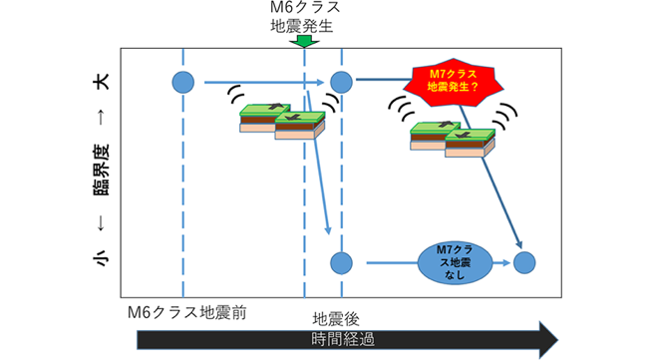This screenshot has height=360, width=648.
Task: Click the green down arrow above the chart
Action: tap(305, 41)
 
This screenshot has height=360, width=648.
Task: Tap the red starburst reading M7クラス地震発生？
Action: tap(454, 82)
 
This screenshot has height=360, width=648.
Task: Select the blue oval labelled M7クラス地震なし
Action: tap(455, 263)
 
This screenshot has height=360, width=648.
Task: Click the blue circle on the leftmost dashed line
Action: tap(183, 82)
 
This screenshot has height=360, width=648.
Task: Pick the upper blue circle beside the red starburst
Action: tap(341, 82)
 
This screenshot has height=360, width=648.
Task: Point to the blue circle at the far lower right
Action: tap(524, 263)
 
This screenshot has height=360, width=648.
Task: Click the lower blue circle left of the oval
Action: tap(341, 263)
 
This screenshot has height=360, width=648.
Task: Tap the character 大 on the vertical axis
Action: tap(102, 82)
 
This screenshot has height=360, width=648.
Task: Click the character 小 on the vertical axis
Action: tap(102, 258)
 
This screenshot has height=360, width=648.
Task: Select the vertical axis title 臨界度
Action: tap(102, 170)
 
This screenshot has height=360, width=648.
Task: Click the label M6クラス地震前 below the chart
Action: tap(186, 312)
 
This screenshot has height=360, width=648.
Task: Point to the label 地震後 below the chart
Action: tap(336, 319)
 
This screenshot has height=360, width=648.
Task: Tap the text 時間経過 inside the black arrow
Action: tap(343, 340)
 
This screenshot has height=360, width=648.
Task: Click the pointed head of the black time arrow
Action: tap(558, 340)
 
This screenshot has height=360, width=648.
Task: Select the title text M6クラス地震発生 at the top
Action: tap(305, 17)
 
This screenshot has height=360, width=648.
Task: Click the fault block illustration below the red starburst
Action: tap(453, 140)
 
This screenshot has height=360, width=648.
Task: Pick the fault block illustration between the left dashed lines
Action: tap(283, 122)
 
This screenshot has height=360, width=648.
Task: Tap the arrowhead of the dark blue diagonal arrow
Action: tap(519, 244)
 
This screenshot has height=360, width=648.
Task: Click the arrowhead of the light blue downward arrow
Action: tap(329, 230)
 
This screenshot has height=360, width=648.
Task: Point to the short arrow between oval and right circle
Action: tap(501, 263)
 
